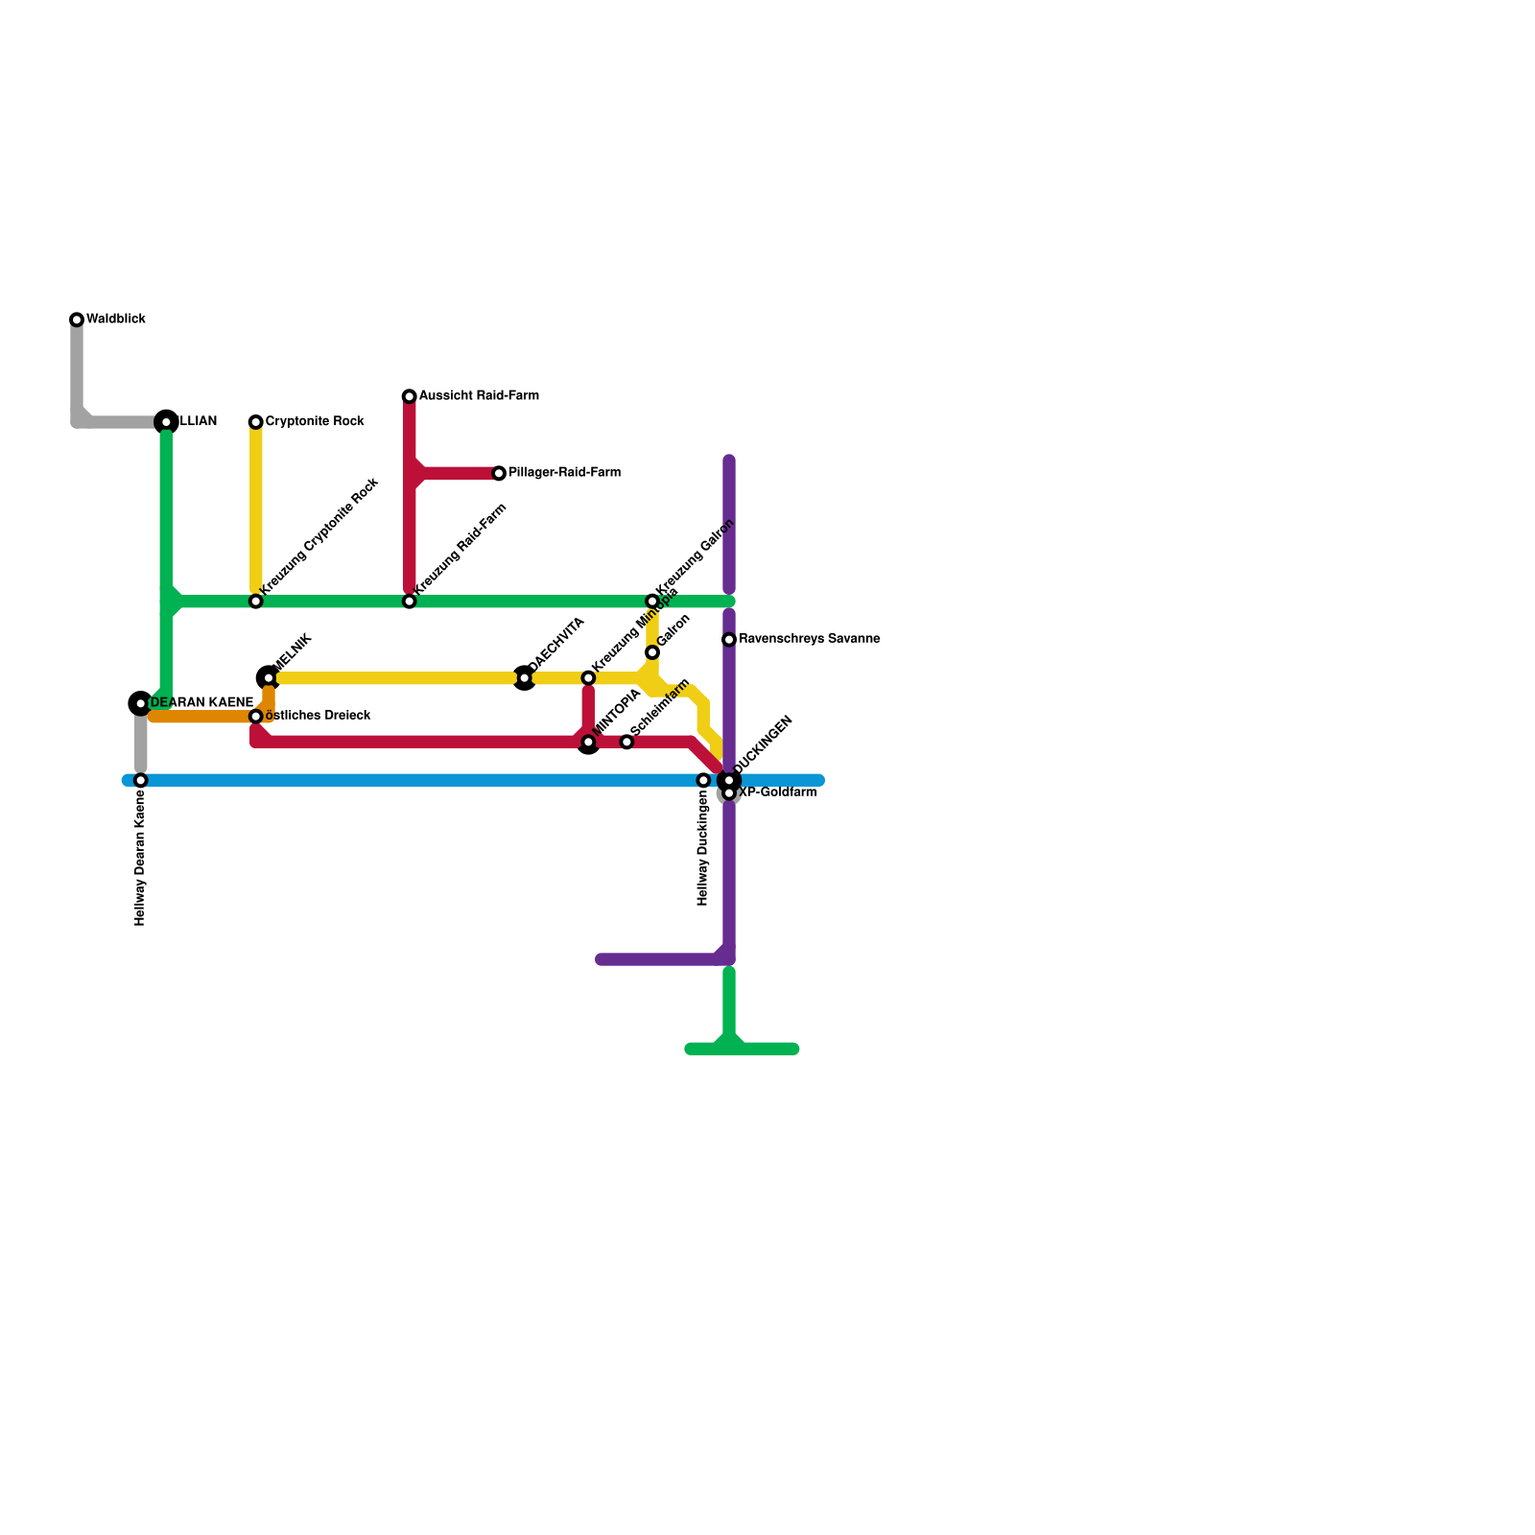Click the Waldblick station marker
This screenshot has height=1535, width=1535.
pos(77,319)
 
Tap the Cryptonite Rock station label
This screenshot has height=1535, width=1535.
pos(315,422)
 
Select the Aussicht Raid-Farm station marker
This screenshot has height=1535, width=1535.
pos(410,396)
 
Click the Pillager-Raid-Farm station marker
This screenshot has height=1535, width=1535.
pos(499,473)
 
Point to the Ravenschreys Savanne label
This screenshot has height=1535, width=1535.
pos(809,639)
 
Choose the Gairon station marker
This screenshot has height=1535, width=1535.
pos(652,652)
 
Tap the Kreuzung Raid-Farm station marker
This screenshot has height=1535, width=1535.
pos(410,602)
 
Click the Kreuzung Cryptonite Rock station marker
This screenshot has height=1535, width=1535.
pos(256,602)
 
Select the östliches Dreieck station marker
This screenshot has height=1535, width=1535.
pos(256,717)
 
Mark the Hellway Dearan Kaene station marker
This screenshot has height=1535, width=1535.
pos(141,780)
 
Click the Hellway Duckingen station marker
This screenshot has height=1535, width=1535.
pos(703,780)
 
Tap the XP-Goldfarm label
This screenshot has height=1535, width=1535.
pos(778,793)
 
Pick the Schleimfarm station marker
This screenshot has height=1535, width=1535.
pos(626,742)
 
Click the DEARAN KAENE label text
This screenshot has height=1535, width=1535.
pos(201,703)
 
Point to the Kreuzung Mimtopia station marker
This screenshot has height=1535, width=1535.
pos(588,678)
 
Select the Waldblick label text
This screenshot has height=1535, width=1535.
pos(116,319)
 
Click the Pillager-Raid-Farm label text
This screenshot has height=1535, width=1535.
pos(564,473)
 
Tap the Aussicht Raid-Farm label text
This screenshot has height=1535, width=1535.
pos(479,396)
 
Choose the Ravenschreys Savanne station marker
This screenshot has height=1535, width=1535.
pos(729,640)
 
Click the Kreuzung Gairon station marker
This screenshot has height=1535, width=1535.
pos(652,602)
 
